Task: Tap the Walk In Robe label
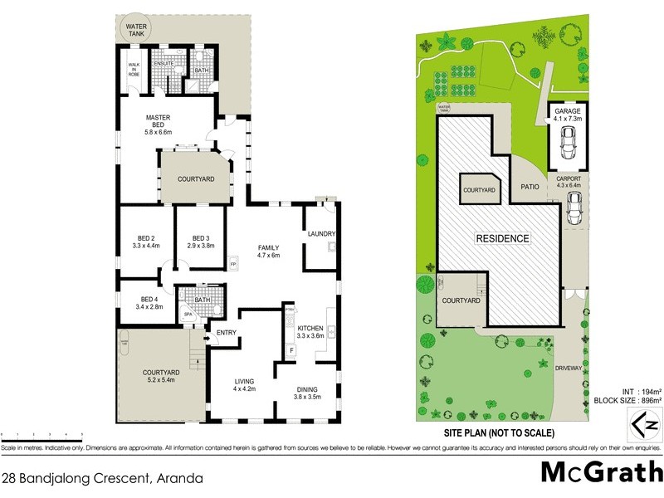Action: pyautogui.click(x=134, y=70)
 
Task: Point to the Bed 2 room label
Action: pyautogui.click(x=144, y=241)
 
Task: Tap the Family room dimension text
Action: pyautogui.click(x=267, y=256)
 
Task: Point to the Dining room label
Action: pyautogui.click(x=314, y=390)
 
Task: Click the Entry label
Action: pyautogui.click(x=227, y=334)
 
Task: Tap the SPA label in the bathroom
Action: pyautogui.click(x=187, y=315)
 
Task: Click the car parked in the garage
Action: pyautogui.click(x=569, y=144)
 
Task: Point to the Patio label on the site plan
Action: pyautogui.click(x=530, y=187)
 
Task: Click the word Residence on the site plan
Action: pyautogui.click(x=502, y=238)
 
